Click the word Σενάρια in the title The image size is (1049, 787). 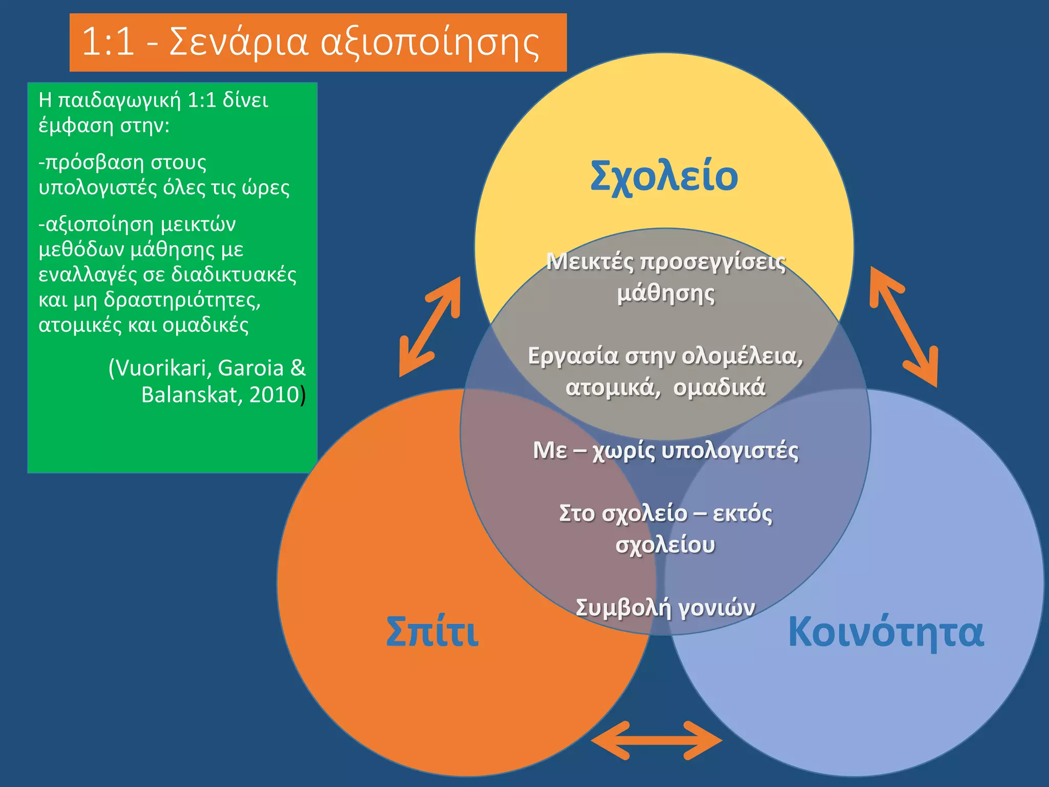(x=239, y=42)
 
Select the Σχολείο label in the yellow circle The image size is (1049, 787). (x=664, y=176)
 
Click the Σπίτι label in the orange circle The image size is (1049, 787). (x=432, y=631)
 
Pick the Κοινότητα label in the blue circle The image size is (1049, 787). (x=886, y=631)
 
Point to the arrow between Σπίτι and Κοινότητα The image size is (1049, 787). (x=657, y=740)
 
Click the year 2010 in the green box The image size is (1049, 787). (x=274, y=395)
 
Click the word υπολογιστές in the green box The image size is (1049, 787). (x=98, y=188)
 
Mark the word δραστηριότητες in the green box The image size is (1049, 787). (x=182, y=300)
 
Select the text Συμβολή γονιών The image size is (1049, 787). (x=665, y=608)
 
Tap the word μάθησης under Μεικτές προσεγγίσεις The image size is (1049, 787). (x=665, y=294)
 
